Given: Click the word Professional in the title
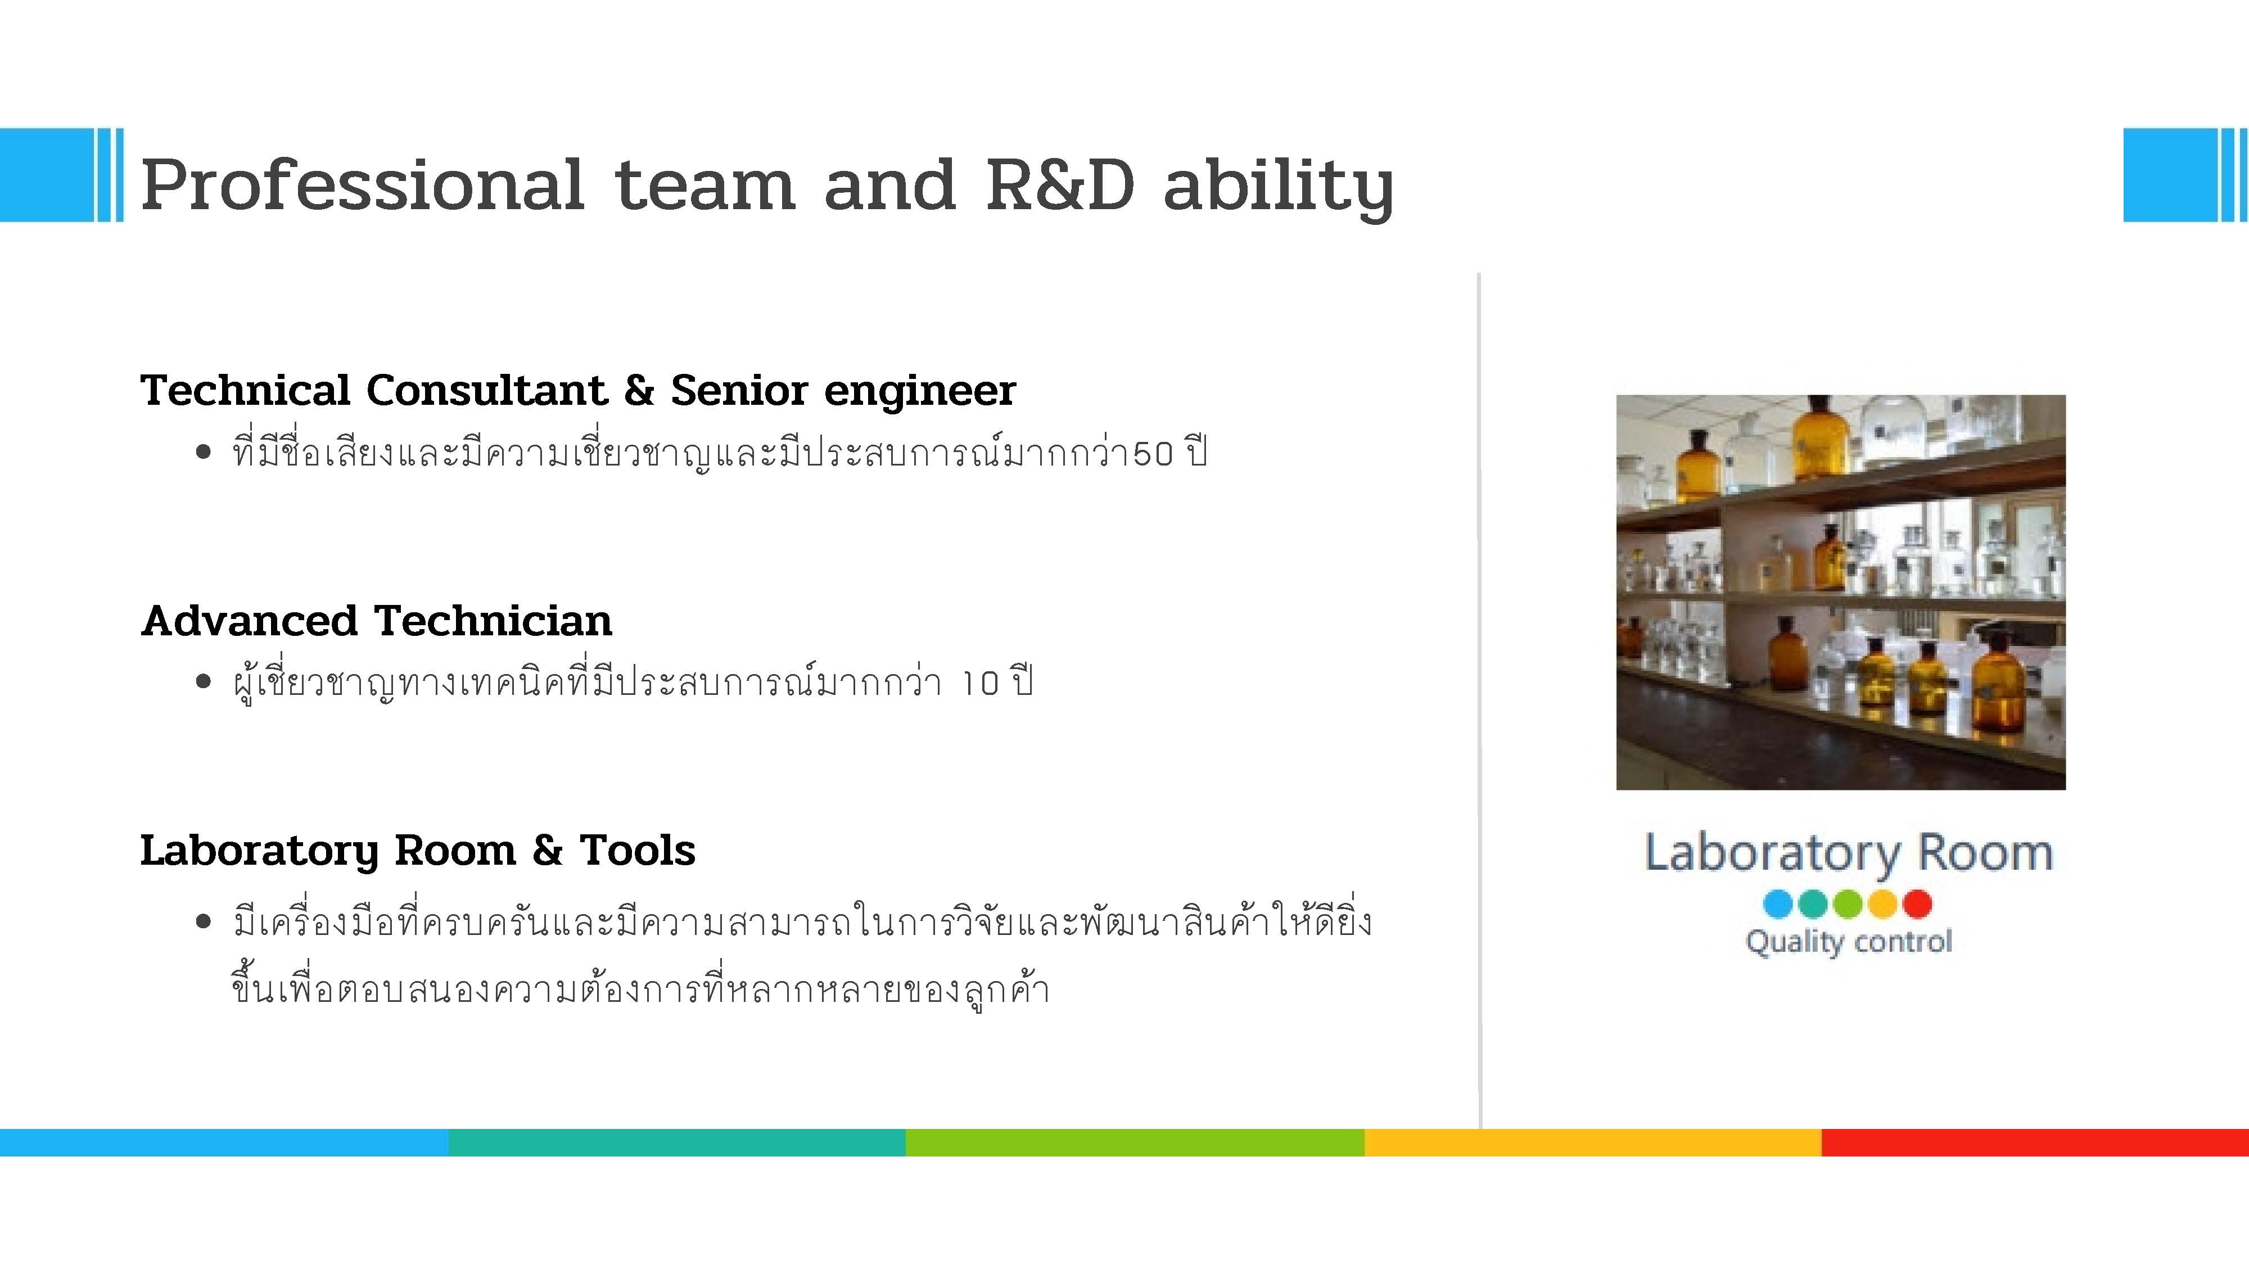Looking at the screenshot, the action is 362,185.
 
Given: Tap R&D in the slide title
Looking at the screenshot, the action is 1060,185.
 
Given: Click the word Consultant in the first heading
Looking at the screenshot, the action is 487,390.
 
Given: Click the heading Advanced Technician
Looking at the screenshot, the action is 376,621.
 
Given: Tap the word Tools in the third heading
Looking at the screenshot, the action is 638,850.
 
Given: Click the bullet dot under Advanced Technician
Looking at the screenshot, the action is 204,681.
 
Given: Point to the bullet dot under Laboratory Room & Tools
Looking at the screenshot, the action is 204,922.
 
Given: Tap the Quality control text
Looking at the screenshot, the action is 1848,942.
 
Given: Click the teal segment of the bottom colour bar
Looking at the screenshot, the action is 678,1142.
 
